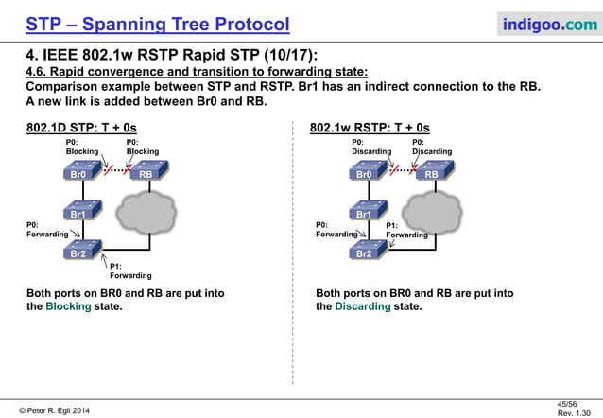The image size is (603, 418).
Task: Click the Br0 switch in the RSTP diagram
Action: [x=364, y=173]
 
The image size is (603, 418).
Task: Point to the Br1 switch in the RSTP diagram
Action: [x=364, y=213]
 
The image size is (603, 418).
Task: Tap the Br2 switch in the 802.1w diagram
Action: [x=364, y=253]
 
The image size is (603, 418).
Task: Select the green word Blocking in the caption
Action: [x=68, y=306]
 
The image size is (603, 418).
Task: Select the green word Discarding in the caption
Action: [x=362, y=306]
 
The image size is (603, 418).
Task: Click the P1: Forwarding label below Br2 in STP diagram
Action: [x=130, y=270]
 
